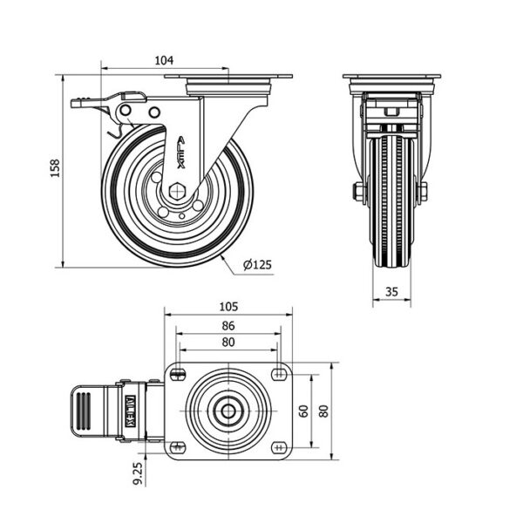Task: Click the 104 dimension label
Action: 164,60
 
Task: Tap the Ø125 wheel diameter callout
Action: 258,264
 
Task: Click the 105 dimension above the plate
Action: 228,308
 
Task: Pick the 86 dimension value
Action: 228,326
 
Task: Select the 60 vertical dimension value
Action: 303,411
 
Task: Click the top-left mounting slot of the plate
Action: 179,374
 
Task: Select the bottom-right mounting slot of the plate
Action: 279,447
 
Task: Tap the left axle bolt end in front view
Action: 357,191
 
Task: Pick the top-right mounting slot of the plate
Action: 279,374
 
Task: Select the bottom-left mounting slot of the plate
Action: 179,447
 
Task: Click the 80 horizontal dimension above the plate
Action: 228,343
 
